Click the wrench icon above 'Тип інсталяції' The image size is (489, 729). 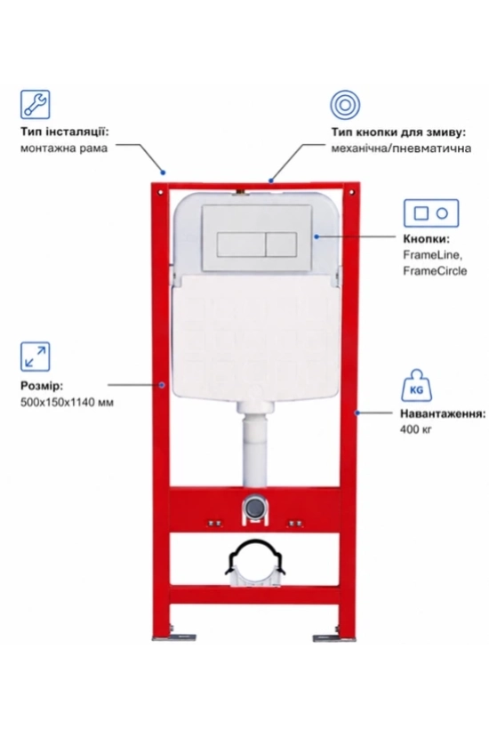point(35,105)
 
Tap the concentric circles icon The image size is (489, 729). point(345,105)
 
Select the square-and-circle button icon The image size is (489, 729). point(431,213)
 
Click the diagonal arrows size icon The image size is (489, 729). point(35,356)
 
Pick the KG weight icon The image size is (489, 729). point(416,385)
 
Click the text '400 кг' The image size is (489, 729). point(416,429)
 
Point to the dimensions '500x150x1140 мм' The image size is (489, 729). point(67,402)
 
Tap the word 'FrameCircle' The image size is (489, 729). point(435,270)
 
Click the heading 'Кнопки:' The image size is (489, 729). point(426,239)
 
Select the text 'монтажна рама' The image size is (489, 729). point(64,148)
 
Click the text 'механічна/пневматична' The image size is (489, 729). point(401,148)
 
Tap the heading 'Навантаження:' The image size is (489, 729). point(443,413)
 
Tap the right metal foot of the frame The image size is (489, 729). point(334,637)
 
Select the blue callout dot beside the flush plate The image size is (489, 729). point(317,236)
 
